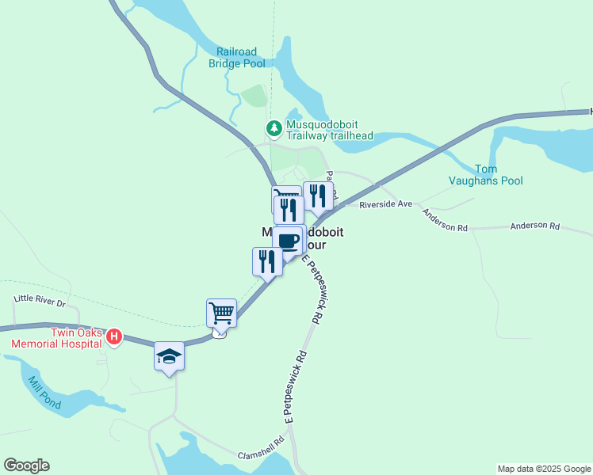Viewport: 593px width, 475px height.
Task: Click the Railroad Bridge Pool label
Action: tap(236, 58)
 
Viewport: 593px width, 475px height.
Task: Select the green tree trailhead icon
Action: tap(274, 127)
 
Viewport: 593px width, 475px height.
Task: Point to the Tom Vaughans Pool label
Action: tap(499, 175)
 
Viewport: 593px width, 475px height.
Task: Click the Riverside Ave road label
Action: tap(385, 204)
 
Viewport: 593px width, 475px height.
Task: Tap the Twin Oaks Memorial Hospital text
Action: tap(55, 338)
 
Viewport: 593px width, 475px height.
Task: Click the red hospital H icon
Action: tap(113, 338)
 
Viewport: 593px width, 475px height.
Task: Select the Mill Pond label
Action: tap(44, 392)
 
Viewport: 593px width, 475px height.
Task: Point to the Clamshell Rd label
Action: tap(261, 449)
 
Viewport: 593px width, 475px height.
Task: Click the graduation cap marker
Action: tap(169, 356)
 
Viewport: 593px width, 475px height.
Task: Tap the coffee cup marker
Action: tap(289, 239)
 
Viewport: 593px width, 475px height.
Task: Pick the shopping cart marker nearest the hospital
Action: tap(221, 312)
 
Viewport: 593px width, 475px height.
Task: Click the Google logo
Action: tap(26, 465)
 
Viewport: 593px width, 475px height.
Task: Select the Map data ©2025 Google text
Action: tap(544, 469)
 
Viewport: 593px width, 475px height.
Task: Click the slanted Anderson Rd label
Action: tap(444, 220)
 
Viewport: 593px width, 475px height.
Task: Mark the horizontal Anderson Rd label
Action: tap(535, 226)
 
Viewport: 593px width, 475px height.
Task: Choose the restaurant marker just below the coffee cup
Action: tap(267, 261)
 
